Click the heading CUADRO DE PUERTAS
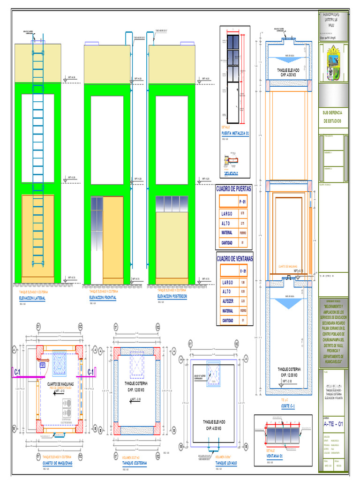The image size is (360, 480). (233, 188)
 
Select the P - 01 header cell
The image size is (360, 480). (242, 202)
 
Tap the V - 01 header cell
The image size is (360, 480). (243, 271)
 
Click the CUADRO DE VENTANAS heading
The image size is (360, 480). (234, 259)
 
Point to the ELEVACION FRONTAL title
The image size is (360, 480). (103, 298)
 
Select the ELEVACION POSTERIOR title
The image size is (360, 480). (172, 297)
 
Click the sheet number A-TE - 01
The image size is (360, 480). (333, 424)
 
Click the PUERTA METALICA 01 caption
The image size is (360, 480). (235, 134)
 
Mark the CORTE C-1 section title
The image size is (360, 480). (287, 406)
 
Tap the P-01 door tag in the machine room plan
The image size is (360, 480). (42, 365)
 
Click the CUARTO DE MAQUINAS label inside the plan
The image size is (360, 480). (60, 384)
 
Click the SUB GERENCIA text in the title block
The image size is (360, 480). (332, 113)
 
